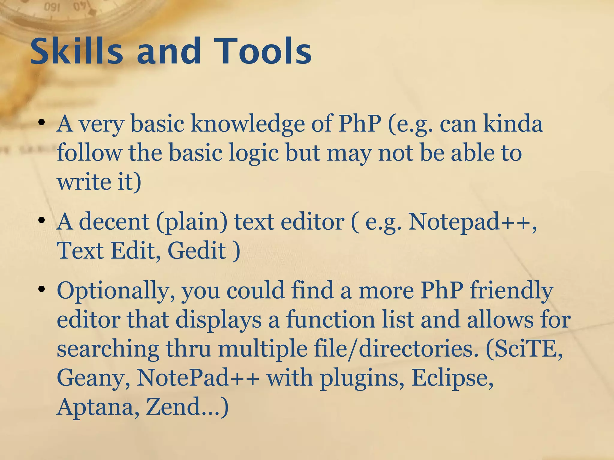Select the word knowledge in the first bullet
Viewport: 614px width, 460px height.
248,124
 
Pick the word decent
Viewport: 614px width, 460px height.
114,222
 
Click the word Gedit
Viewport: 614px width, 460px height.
196,250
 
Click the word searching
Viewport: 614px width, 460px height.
108,349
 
